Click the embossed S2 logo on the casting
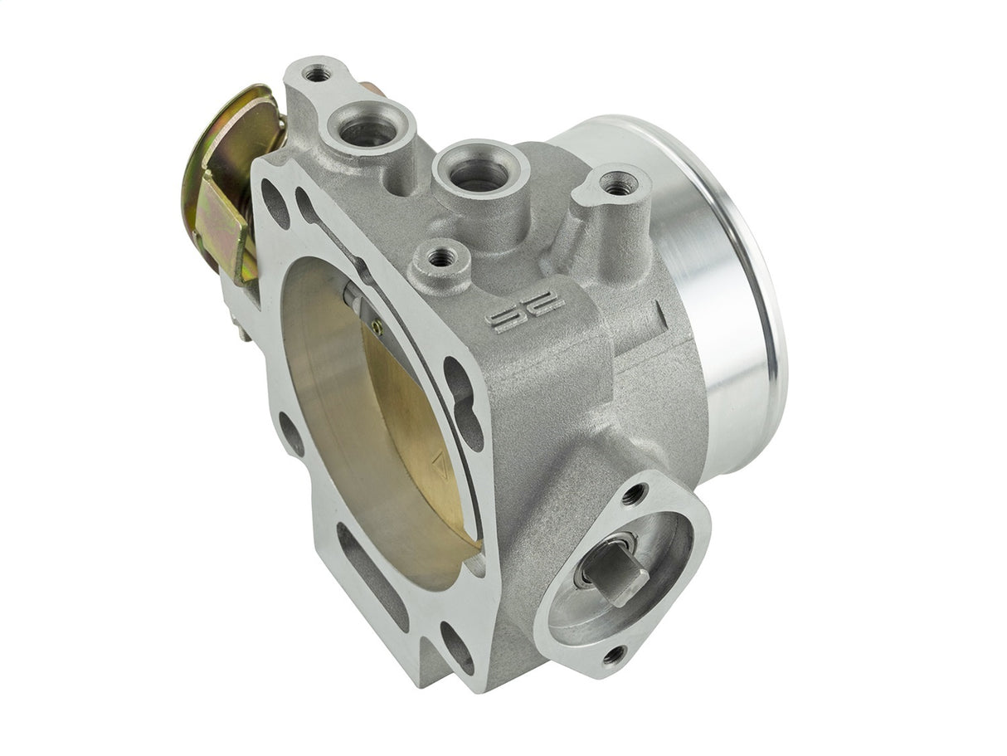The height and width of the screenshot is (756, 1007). coord(524,310)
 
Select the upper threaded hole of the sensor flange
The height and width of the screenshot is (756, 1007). coord(635,495)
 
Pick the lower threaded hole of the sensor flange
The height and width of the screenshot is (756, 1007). coord(615,656)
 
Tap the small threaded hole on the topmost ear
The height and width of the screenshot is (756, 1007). coord(317,75)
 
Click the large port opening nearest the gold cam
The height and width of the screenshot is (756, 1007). coord(367,129)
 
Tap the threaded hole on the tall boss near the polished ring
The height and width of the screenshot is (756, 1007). coord(617,187)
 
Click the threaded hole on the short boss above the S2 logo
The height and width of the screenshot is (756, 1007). coord(440,257)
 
